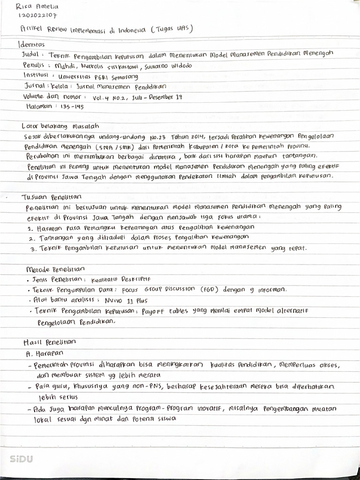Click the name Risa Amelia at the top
pos(37,7)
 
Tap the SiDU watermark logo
pos(22,459)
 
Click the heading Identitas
pos(31,45)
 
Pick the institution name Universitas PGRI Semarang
pos(98,76)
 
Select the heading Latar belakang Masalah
pos(60,126)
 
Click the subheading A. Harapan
pos(45,353)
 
